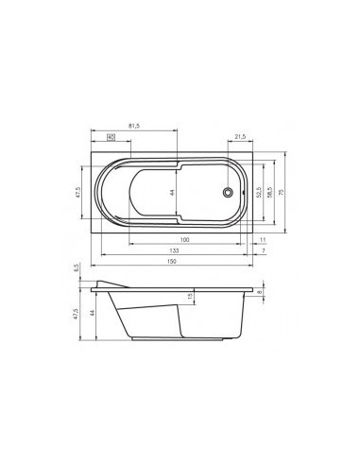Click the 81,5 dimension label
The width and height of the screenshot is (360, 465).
(x=133, y=125)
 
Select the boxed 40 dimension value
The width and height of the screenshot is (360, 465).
(x=111, y=137)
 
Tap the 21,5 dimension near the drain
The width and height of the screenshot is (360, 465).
(x=239, y=137)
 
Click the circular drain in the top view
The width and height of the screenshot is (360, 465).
(x=227, y=192)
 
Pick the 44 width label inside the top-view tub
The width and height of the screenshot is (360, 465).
(x=174, y=192)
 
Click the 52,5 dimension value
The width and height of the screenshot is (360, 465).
(x=258, y=192)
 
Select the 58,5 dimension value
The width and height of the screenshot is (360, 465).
(x=269, y=192)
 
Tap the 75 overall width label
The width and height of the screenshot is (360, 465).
(x=283, y=192)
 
